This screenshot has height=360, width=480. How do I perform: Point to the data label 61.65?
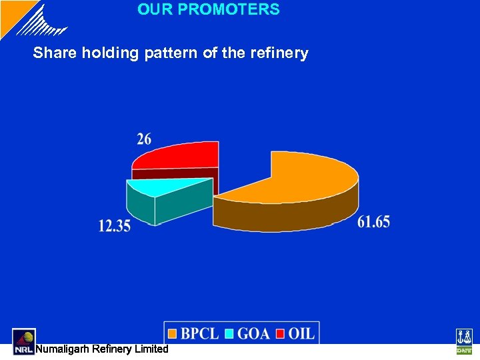373,222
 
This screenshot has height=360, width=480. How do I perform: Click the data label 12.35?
115,226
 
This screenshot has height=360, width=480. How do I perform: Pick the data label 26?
144,139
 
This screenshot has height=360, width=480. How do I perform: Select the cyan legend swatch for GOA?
230,333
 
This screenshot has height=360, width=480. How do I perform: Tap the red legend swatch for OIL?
281,333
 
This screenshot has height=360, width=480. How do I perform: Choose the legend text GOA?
254,333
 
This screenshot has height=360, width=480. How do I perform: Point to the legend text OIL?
301,333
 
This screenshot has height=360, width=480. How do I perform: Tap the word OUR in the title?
151,10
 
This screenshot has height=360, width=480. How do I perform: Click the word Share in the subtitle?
55,53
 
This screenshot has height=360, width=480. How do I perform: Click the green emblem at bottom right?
463,341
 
